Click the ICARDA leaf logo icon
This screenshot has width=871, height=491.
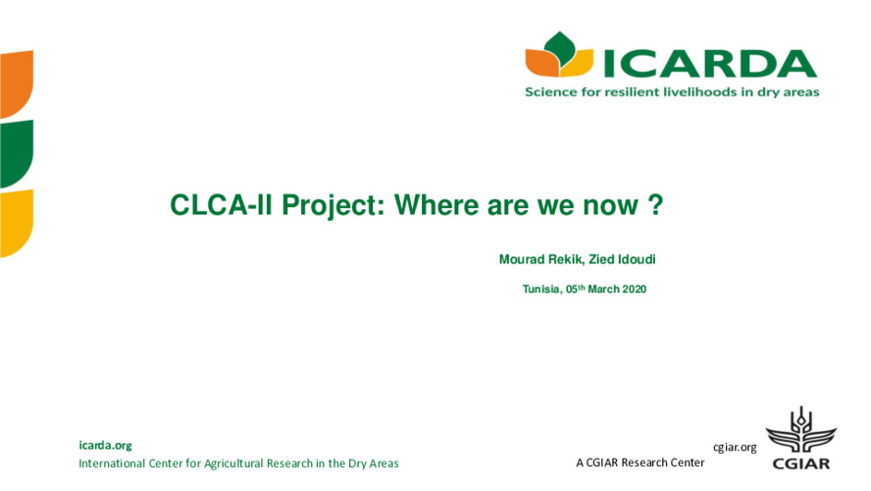click(x=558, y=57)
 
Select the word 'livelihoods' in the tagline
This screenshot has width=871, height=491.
click(x=705, y=92)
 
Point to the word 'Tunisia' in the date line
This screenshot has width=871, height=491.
click(x=540, y=290)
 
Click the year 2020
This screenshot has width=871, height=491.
click(x=635, y=290)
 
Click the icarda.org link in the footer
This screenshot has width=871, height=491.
click(x=105, y=445)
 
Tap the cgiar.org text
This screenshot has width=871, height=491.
click(x=735, y=448)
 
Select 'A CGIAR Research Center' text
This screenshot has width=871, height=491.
click(x=640, y=463)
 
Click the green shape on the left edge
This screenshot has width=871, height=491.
click(x=16, y=153)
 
